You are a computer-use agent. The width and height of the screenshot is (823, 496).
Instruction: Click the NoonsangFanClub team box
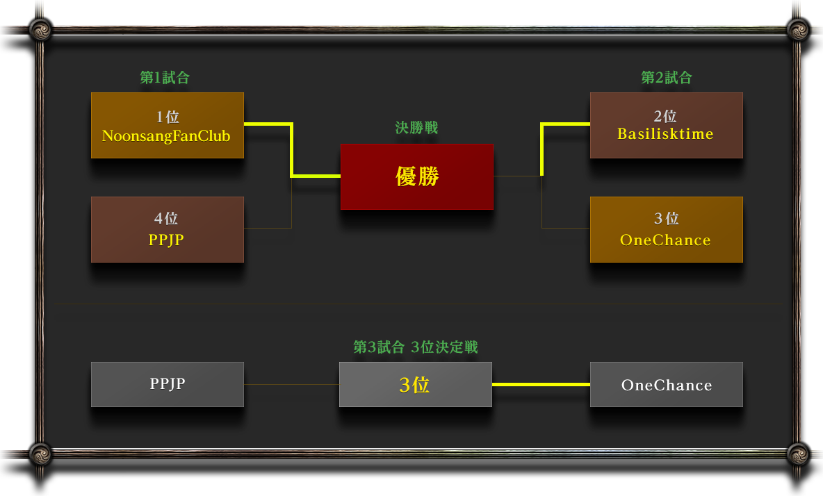click(167, 126)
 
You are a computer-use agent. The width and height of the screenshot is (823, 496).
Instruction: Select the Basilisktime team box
click(666, 126)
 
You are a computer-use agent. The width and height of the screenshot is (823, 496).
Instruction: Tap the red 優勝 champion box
click(416, 176)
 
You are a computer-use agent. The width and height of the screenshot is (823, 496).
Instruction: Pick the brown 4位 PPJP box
click(167, 230)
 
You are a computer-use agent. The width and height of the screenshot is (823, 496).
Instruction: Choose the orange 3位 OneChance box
click(666, 230)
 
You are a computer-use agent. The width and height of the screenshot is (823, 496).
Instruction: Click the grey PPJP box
click(167, 384)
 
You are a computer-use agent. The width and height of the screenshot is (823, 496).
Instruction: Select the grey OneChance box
click(666, 384)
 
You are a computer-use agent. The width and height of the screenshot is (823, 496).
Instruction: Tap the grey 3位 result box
click(415, 384)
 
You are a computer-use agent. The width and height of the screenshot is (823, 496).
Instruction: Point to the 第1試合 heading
click(165, 78)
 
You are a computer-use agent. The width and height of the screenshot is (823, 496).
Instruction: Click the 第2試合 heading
click(666, 78)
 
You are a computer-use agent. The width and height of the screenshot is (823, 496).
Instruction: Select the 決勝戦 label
click(416, 128)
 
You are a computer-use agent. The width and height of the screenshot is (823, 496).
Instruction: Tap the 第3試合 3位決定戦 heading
click(416, 347)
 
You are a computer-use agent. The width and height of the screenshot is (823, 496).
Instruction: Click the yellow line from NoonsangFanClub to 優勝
click(291, 150)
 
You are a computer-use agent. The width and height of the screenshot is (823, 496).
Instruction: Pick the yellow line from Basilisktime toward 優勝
click(541, 149)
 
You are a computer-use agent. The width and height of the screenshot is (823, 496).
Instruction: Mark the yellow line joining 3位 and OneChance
click(541, 384)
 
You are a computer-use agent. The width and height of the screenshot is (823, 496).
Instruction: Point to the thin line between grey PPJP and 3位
click(291, 384)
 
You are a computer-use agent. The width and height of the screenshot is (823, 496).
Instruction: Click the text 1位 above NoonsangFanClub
click(168, 117)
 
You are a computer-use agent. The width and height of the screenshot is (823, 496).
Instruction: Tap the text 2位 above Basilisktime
click(665, 116)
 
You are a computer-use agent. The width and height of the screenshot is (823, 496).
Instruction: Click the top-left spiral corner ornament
click(40, 29)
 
